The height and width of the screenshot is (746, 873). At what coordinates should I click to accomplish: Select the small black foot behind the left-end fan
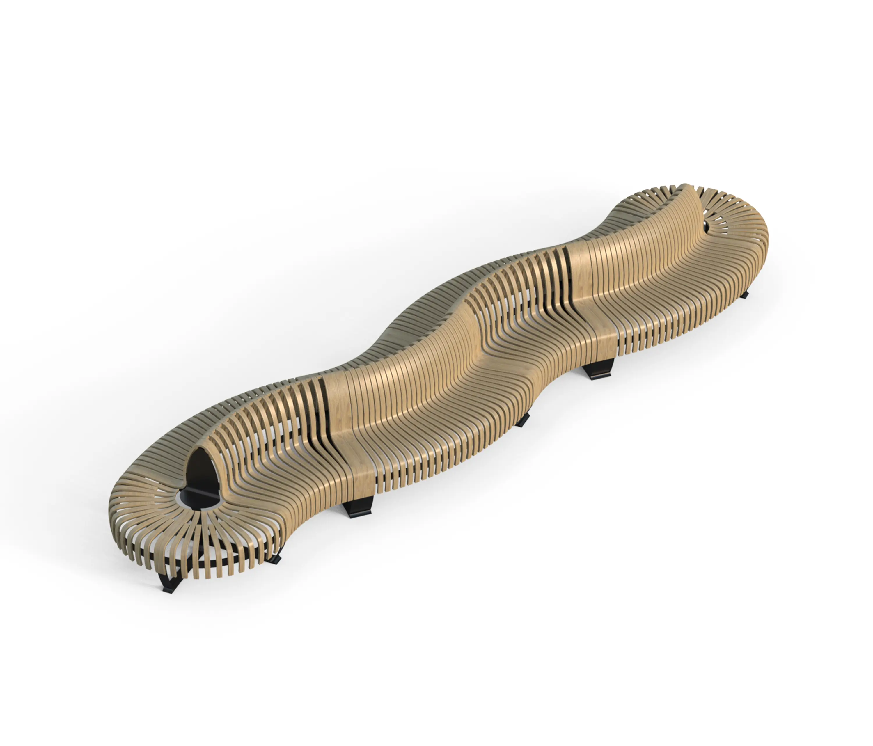(x=276, y=559)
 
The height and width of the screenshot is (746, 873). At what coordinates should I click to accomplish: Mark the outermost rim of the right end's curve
(x=765, y=236)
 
